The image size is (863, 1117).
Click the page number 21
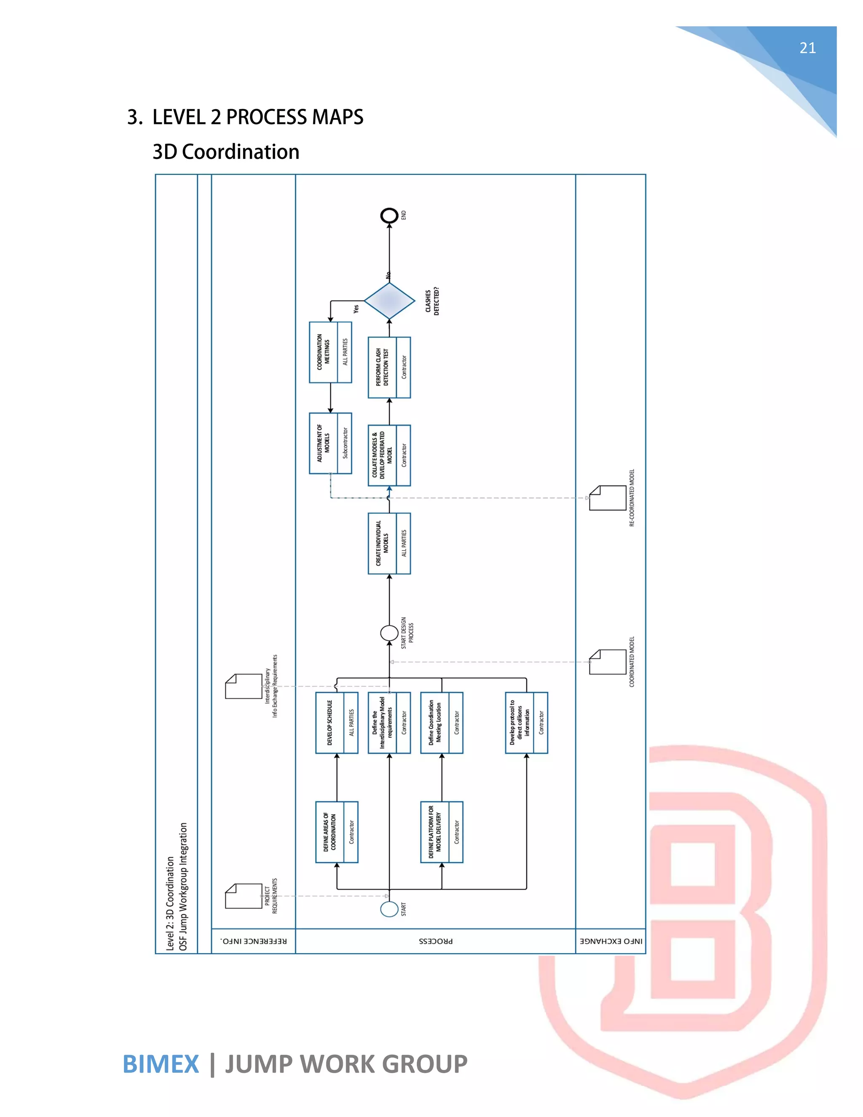807,48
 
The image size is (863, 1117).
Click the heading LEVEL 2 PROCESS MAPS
257,117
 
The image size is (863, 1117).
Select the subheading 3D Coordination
225,152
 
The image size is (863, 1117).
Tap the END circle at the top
389,215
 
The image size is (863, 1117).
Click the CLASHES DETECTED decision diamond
389,301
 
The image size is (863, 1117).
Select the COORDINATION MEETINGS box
330,352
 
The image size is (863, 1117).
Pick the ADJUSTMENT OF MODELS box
330,443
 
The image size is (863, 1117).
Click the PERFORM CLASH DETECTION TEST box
389,367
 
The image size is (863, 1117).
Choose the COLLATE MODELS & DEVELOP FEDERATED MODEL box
389,455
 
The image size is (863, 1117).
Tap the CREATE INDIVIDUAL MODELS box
389,543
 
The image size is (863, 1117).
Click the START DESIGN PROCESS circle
389,633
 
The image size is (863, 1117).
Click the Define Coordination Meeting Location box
442,722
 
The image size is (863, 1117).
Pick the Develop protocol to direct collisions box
526,722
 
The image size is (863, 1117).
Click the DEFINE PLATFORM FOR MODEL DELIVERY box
442,832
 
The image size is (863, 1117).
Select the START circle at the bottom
389,909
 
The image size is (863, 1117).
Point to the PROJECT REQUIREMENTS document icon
244,896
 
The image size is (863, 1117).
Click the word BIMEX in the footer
161,1064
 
